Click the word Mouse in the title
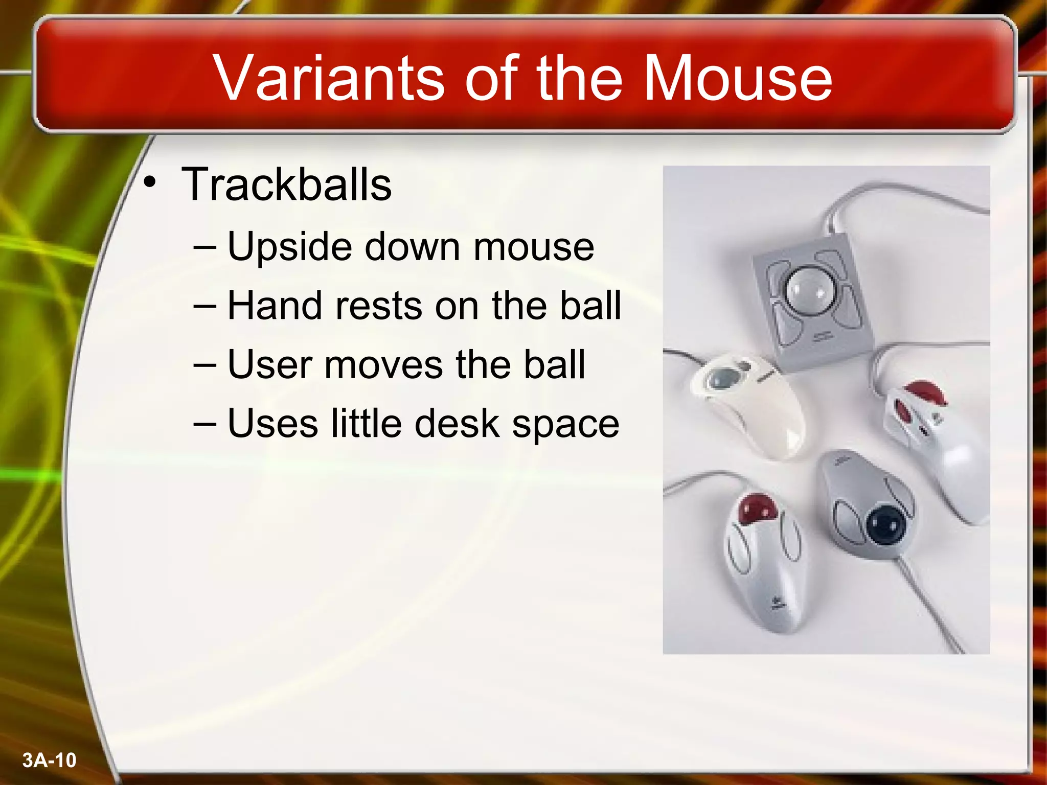pyautogui.click(x=737, y=78)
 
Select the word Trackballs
pyautogui.click(x=286, y=184)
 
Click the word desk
pyautogui.click(x=457, y=424)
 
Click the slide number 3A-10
pyautogui.click(x=49, y=760)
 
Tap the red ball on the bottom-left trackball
pyautogui.click(x=758, y=509)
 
